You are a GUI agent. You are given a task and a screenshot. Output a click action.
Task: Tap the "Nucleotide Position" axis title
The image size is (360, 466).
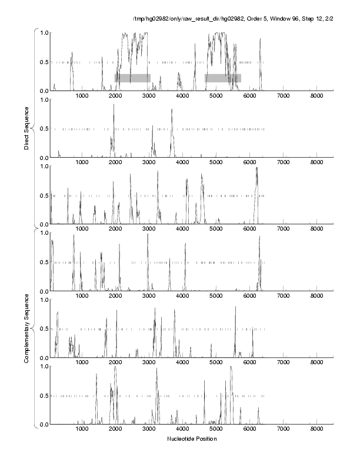pyautogui.click(x=192, y=439)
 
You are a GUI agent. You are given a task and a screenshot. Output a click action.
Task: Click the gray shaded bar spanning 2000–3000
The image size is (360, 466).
pyautogui.click(x=132, y=78)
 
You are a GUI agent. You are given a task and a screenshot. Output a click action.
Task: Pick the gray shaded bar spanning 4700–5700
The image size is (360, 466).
pyautogui.click(x=223, y=78)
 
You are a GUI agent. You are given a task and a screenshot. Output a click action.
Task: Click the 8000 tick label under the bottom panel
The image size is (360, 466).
pyautogui.click(x=316, y=430)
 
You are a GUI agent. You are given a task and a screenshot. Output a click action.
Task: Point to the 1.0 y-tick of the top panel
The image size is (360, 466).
pyautogui.click(x=44, y=32)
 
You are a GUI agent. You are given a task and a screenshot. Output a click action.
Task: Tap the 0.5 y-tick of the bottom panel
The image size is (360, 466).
pyautogui.click(x=44, y=395)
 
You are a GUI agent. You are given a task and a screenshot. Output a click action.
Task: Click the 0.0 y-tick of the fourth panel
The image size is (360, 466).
pyautogui.click(x=44, y=291)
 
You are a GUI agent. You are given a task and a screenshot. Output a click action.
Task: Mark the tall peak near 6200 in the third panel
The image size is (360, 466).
pyautogui.click(x=256, y=169)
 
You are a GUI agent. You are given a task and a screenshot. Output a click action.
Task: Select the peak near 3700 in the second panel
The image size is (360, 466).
pyautogui.click(x=172, y=110)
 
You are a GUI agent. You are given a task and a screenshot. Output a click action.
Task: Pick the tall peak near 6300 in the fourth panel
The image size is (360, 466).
pyautogui.click(x=259, y=237)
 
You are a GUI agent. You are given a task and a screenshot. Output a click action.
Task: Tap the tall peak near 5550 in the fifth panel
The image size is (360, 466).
pyautogui.click(x=235, y=307)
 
